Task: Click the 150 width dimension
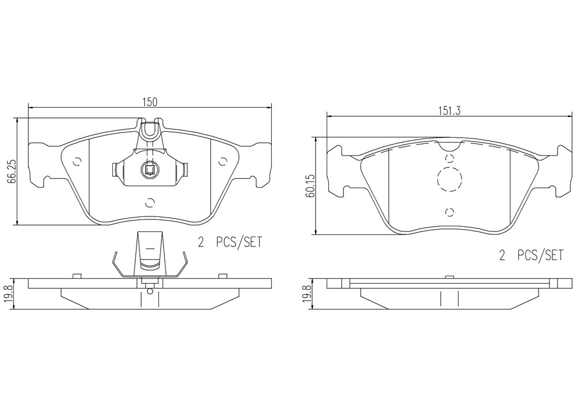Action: tap(150, 102)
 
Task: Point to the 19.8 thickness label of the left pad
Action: tap(10, 294)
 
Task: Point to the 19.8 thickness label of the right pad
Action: tap(309, 294)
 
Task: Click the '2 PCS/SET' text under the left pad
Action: tap(230, 242)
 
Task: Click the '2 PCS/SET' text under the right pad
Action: tap(531, 256)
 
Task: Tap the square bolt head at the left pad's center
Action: tap(150, 169)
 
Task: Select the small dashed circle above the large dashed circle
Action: tap(449, 158)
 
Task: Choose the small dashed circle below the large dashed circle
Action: tap(449, 212)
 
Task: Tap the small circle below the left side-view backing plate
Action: tap(150, 291)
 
